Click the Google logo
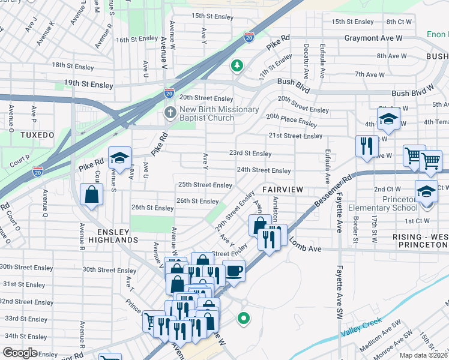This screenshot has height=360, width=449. (x=20, y=353)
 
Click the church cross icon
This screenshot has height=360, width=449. (x=171, y=113)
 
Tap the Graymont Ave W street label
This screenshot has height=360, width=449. (x=373, y=38)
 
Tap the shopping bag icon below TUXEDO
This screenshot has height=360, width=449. (x=91, y=195)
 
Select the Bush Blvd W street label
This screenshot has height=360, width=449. (x=412, y=94)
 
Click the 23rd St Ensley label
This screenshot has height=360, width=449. (x=250, y=153)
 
